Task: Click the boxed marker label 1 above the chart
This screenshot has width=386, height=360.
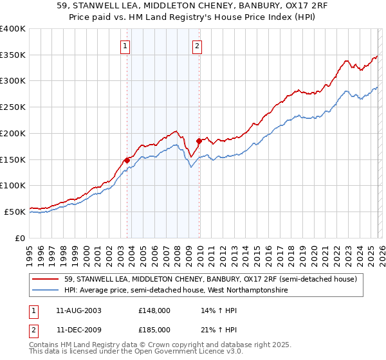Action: [x=125, y=46]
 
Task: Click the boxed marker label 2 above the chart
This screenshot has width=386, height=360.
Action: [x=196, y=46]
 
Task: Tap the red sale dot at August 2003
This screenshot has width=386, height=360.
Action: [x=127, y=160]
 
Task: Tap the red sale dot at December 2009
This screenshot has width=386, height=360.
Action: [x=199, y=141]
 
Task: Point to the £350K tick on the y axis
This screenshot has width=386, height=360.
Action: [x=14, y=55]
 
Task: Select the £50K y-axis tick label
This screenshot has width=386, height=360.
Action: [x=15, y=212]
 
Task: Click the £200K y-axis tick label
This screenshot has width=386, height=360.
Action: [x=14, y=133]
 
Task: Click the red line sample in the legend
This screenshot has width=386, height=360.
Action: [x=46, y=279]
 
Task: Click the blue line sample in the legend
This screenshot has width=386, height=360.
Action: [x=46, y=291]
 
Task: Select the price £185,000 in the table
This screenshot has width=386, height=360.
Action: [x=154, y=330]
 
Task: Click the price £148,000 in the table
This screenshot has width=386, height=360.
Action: [x=154, y=310]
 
